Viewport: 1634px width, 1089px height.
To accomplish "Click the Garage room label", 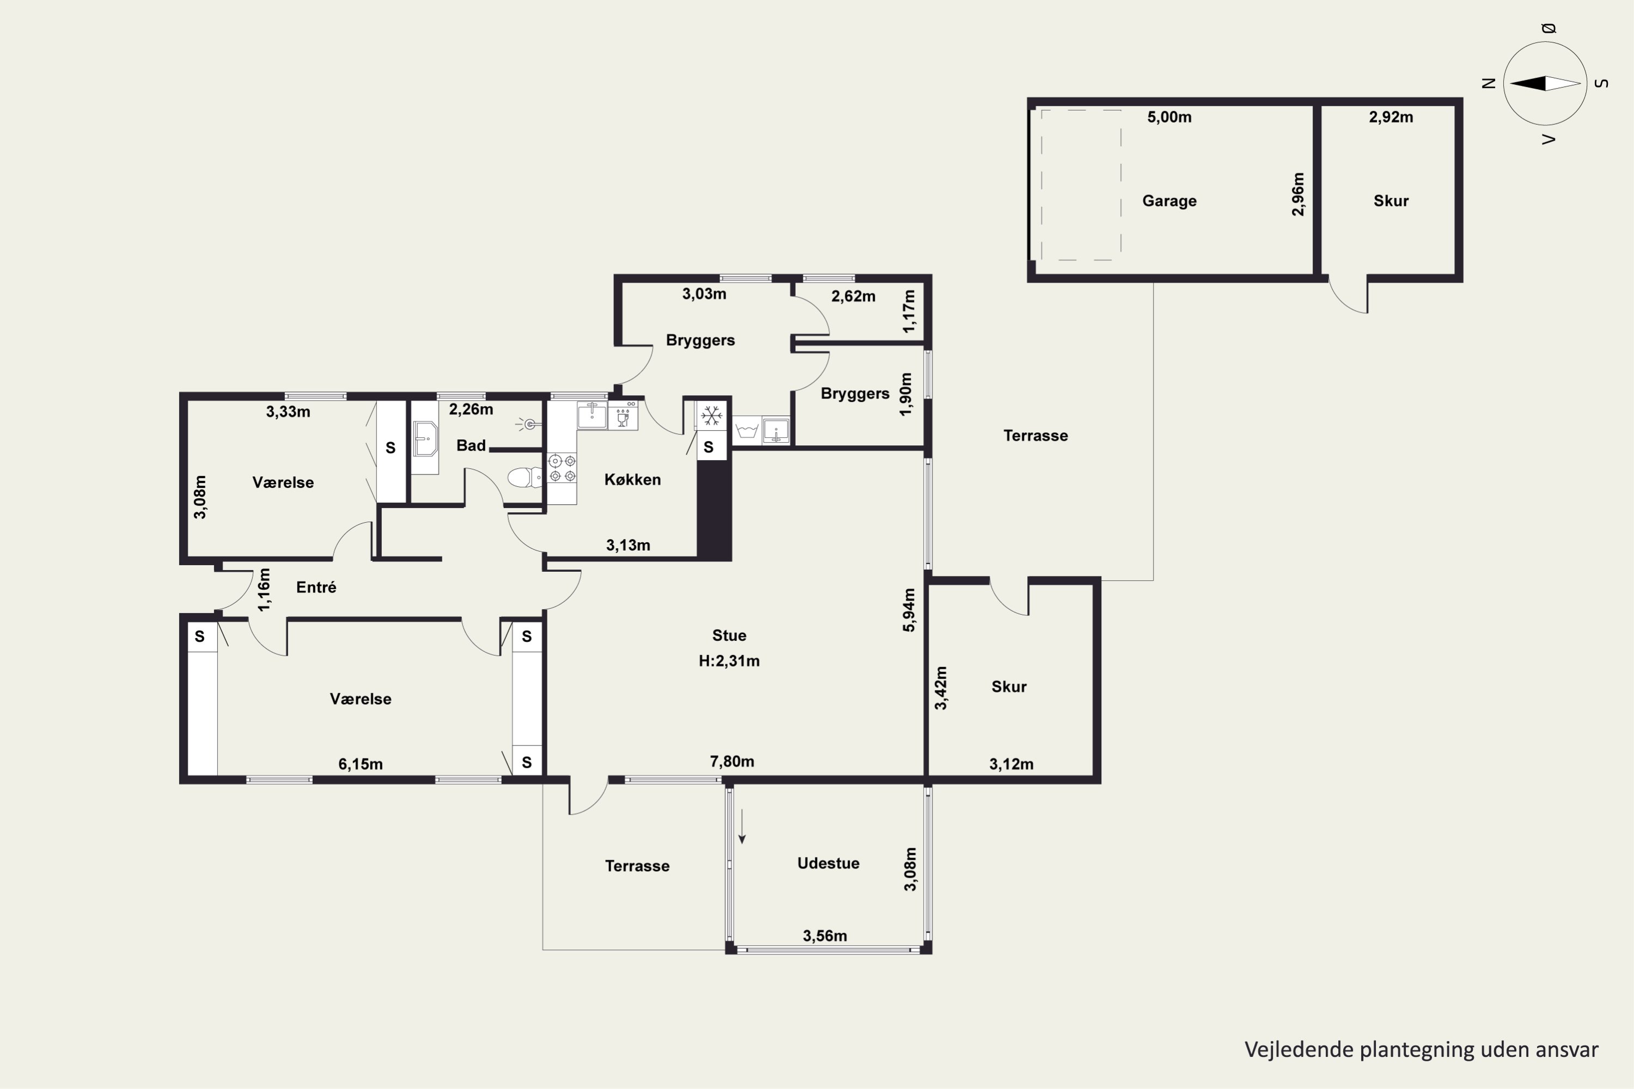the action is click(1169, 201).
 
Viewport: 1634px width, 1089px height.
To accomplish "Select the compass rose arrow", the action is click(1545, 83).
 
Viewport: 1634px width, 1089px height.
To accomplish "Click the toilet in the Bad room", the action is click(525, 477).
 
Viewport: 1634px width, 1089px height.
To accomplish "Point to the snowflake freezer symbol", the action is click(711, 416).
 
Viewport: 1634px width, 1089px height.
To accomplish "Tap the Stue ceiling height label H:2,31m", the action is click(729, 661).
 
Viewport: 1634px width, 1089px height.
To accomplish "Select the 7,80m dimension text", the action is click(731, 762).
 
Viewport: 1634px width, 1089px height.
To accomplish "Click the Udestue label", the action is click(828, 863).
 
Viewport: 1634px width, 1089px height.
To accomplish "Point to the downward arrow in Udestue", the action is click(742, 827).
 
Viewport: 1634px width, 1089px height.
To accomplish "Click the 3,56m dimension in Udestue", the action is click(825, 936).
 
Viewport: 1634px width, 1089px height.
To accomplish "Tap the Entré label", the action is click(316, 588).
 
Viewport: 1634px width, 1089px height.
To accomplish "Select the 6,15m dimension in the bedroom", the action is click(361, 764).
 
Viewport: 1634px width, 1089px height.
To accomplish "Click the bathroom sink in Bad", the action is click(424, 438).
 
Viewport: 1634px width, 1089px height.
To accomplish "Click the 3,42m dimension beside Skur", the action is click(941, 688).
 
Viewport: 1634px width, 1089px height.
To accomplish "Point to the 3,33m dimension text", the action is click(288, 412).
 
